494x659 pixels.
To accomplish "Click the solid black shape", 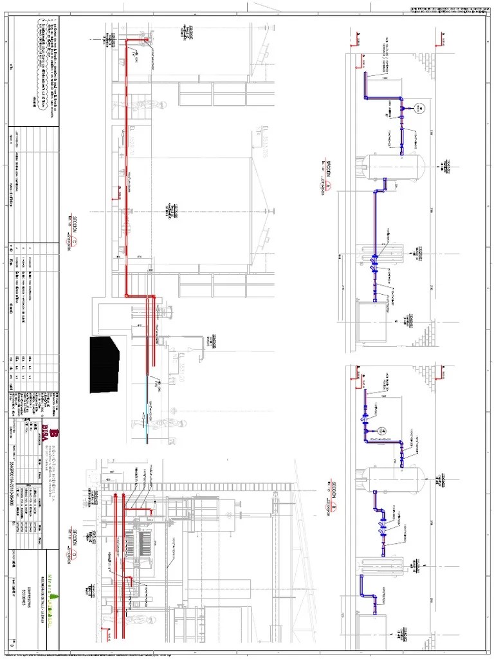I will [104, 363].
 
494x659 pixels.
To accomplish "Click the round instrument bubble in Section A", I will [417, 109].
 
